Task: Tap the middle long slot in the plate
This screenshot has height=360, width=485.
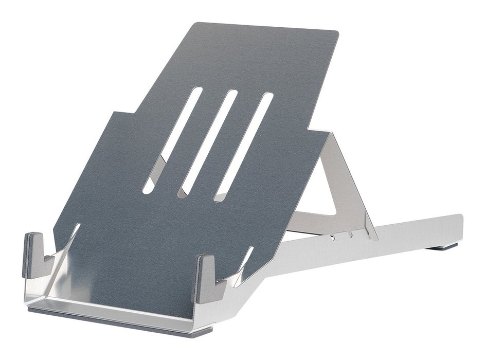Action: pyautogui.click(x=208, y=143)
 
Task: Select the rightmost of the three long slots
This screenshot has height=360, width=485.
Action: pyautogui.click(x=244, y=146)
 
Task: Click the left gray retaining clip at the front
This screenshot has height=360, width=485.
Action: pyautogui.click(x=34, y=255)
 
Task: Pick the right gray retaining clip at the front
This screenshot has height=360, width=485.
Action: pyautogui.click(x=205, y=278)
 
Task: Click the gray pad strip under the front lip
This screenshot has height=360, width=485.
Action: pyautogui.click(x=118, y=319)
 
